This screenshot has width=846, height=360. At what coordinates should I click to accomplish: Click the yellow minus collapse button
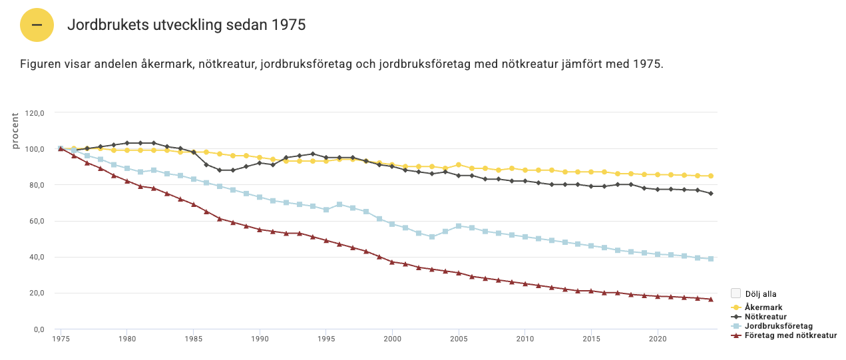point(37,25)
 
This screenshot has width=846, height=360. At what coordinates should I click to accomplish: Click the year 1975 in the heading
point(288,25)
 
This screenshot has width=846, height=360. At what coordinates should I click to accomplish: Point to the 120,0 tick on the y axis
point(34,113)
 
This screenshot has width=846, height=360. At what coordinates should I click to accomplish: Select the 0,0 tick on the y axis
point(37,329)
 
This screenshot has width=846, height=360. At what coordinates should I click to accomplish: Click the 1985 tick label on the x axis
point(193,339)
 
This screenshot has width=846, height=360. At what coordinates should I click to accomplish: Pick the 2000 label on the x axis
point(392,339)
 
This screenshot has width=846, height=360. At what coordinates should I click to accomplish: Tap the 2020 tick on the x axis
point(658,339)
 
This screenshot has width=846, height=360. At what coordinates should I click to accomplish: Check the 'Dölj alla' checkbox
point(736,293)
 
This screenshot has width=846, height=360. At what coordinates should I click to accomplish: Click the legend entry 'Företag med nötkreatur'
point(789,335)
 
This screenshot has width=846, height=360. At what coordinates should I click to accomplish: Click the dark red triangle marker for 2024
point(711,299)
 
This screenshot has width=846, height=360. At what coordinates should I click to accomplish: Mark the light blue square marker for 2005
point(459,226)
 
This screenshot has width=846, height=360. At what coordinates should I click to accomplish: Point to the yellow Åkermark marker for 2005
point(459,164)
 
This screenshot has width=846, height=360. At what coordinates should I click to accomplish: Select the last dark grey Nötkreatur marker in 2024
point(711,194)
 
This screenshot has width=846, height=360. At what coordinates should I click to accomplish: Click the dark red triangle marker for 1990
point(260,230)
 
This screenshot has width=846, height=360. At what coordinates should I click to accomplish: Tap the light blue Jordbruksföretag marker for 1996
point(339,204)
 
